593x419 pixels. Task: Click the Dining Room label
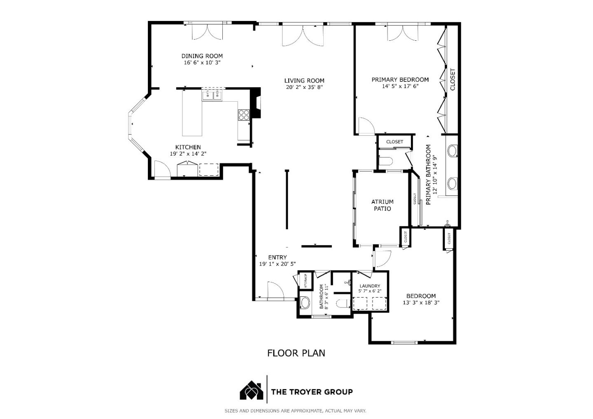(x=202, y=56)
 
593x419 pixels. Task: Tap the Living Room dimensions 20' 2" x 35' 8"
(x=304, y=87)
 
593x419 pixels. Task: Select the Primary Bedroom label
(x=400, y=80)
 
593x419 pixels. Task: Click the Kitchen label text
(x=188, y=147)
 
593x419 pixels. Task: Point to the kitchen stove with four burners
(x=243, y=115)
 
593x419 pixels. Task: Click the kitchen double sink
(x=212, y=95)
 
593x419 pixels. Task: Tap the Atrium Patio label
(x=382, y=205)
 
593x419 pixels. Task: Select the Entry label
(x=277, y=258)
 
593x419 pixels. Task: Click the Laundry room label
(x=369, y=286)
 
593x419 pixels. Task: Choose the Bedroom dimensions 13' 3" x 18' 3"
(x=421, y=303)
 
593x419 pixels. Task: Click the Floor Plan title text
(x=296, y=353)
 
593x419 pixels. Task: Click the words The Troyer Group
(x=312, y=392)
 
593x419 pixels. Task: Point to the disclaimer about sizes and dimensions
(x=295, y=411)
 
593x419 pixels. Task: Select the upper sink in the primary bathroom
(x=452, y=151)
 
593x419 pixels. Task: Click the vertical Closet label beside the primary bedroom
(x=453, y=79)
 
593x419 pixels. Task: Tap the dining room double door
(x=208, y=32)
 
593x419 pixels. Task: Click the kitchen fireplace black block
(x=256, y=103)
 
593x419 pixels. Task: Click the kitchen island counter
(x=192, y=113)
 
